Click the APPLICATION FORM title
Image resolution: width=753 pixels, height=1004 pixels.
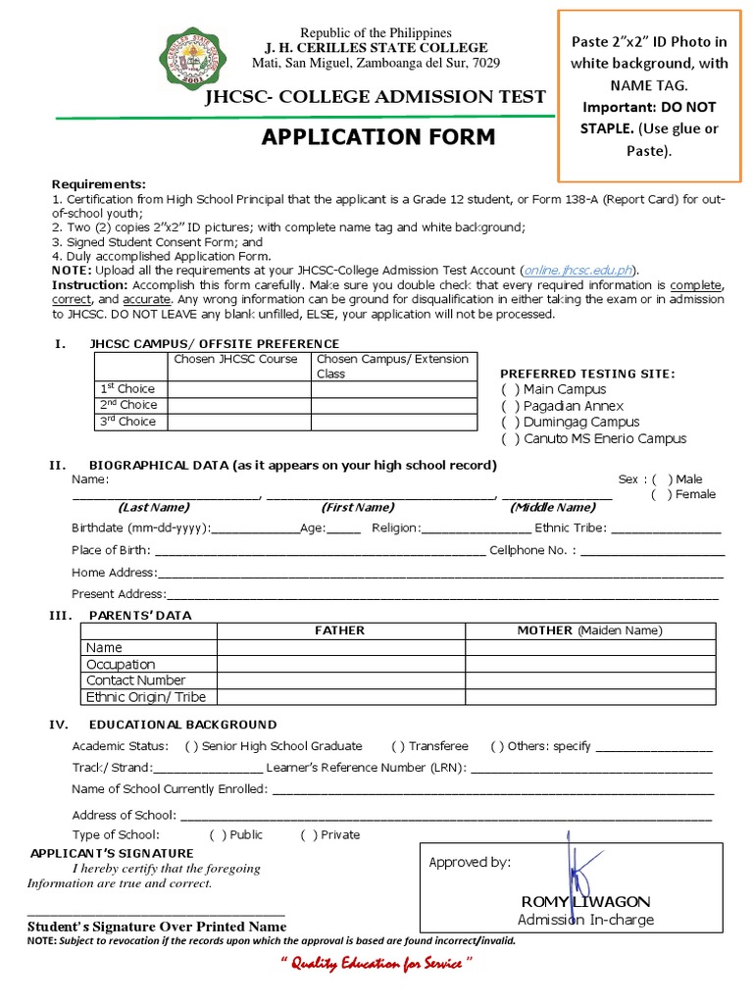[x=377, y=136]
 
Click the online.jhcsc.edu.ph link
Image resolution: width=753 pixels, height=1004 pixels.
[x=578, y=270]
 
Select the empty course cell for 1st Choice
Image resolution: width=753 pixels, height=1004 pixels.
[x=239, y=389]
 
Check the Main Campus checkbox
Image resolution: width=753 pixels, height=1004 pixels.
[x=510, y=390]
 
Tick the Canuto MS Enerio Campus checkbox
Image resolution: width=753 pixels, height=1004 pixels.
[x=510, y=439]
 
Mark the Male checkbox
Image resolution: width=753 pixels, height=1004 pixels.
[x=662, y=479]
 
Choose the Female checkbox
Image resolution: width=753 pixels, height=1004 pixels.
[x=662, y=494]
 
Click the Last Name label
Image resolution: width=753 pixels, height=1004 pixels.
[x=154, y=508]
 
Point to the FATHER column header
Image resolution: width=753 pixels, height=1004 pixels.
[x=339, y=630]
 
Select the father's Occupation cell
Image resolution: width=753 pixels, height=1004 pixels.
[x=340, y=665]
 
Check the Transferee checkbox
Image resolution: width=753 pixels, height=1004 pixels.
[x=398, y=746]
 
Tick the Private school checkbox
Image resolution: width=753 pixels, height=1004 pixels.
[x=308, y=835]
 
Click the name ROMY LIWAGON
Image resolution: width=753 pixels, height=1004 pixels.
[x=585, y=901]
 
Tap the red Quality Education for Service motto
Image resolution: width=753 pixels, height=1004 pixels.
[x=376, y=965]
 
